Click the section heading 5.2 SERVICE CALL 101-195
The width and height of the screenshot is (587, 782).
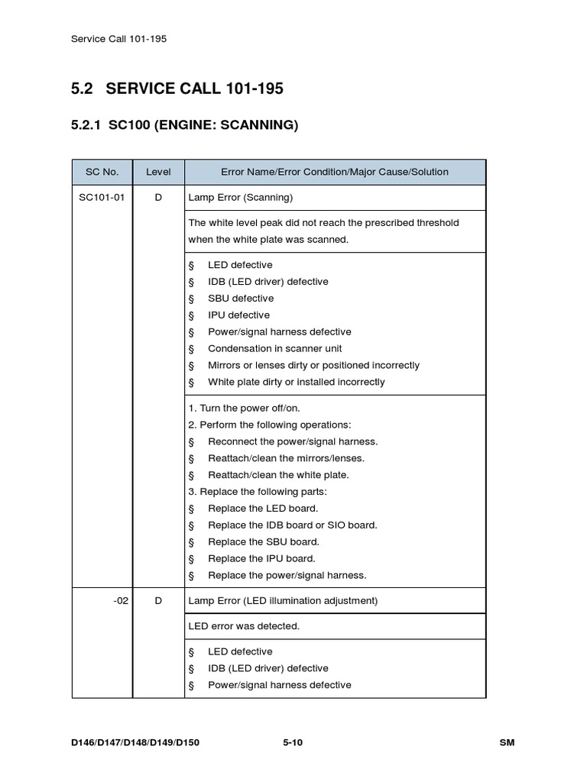177,89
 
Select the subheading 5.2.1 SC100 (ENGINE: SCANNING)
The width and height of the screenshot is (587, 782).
184,124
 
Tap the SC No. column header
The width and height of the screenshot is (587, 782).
102,172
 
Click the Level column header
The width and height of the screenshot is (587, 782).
158,172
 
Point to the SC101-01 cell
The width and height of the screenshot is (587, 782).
102,198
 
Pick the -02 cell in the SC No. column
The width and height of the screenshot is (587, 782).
120,601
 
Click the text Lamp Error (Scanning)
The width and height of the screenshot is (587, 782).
241,198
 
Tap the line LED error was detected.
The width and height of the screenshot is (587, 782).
244,626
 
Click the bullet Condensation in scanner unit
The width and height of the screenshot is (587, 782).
274,349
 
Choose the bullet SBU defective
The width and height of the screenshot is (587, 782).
240,299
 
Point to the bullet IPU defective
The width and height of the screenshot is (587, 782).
238,315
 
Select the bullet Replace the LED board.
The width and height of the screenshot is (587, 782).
262,509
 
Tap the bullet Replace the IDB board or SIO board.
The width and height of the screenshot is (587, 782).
292,525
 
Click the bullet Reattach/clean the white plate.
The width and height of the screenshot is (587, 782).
277,475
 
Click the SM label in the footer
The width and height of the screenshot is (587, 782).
507,742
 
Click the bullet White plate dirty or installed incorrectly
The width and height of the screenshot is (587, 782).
296,382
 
